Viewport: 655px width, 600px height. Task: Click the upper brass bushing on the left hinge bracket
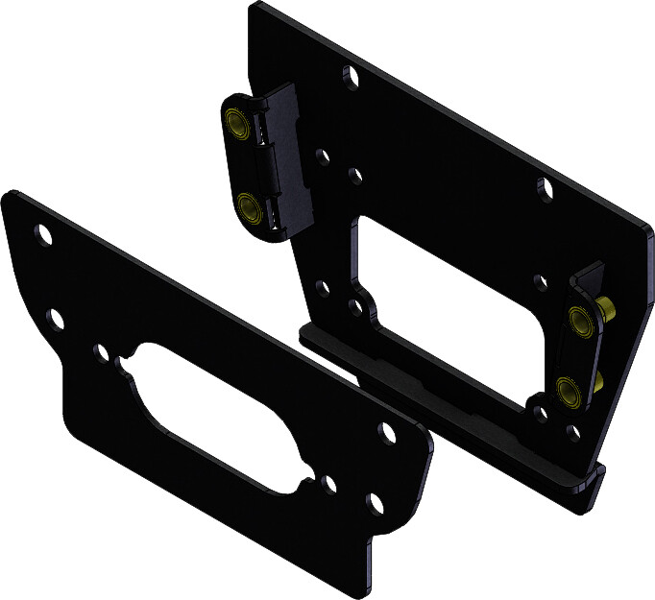coord(234,122)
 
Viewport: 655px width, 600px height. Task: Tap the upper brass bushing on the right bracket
coord(578,320)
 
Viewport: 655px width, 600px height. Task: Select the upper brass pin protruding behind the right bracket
coord(608,308)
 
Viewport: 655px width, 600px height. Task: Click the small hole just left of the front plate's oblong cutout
coord(101,352)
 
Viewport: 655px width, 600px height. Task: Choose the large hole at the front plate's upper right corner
coord(388,432)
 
